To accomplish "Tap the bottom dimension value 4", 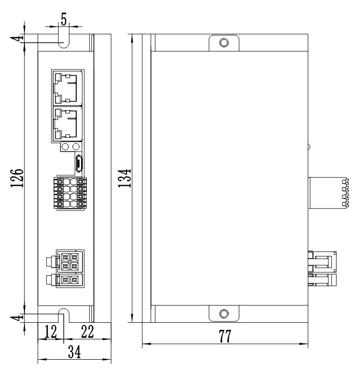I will (x=18, y=318).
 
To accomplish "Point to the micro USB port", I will (x=79, y=163).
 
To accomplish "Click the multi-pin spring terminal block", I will (x=71, y=193).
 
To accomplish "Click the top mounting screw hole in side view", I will (x=223, y=43).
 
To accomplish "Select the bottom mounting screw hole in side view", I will (x=223, y=314).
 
